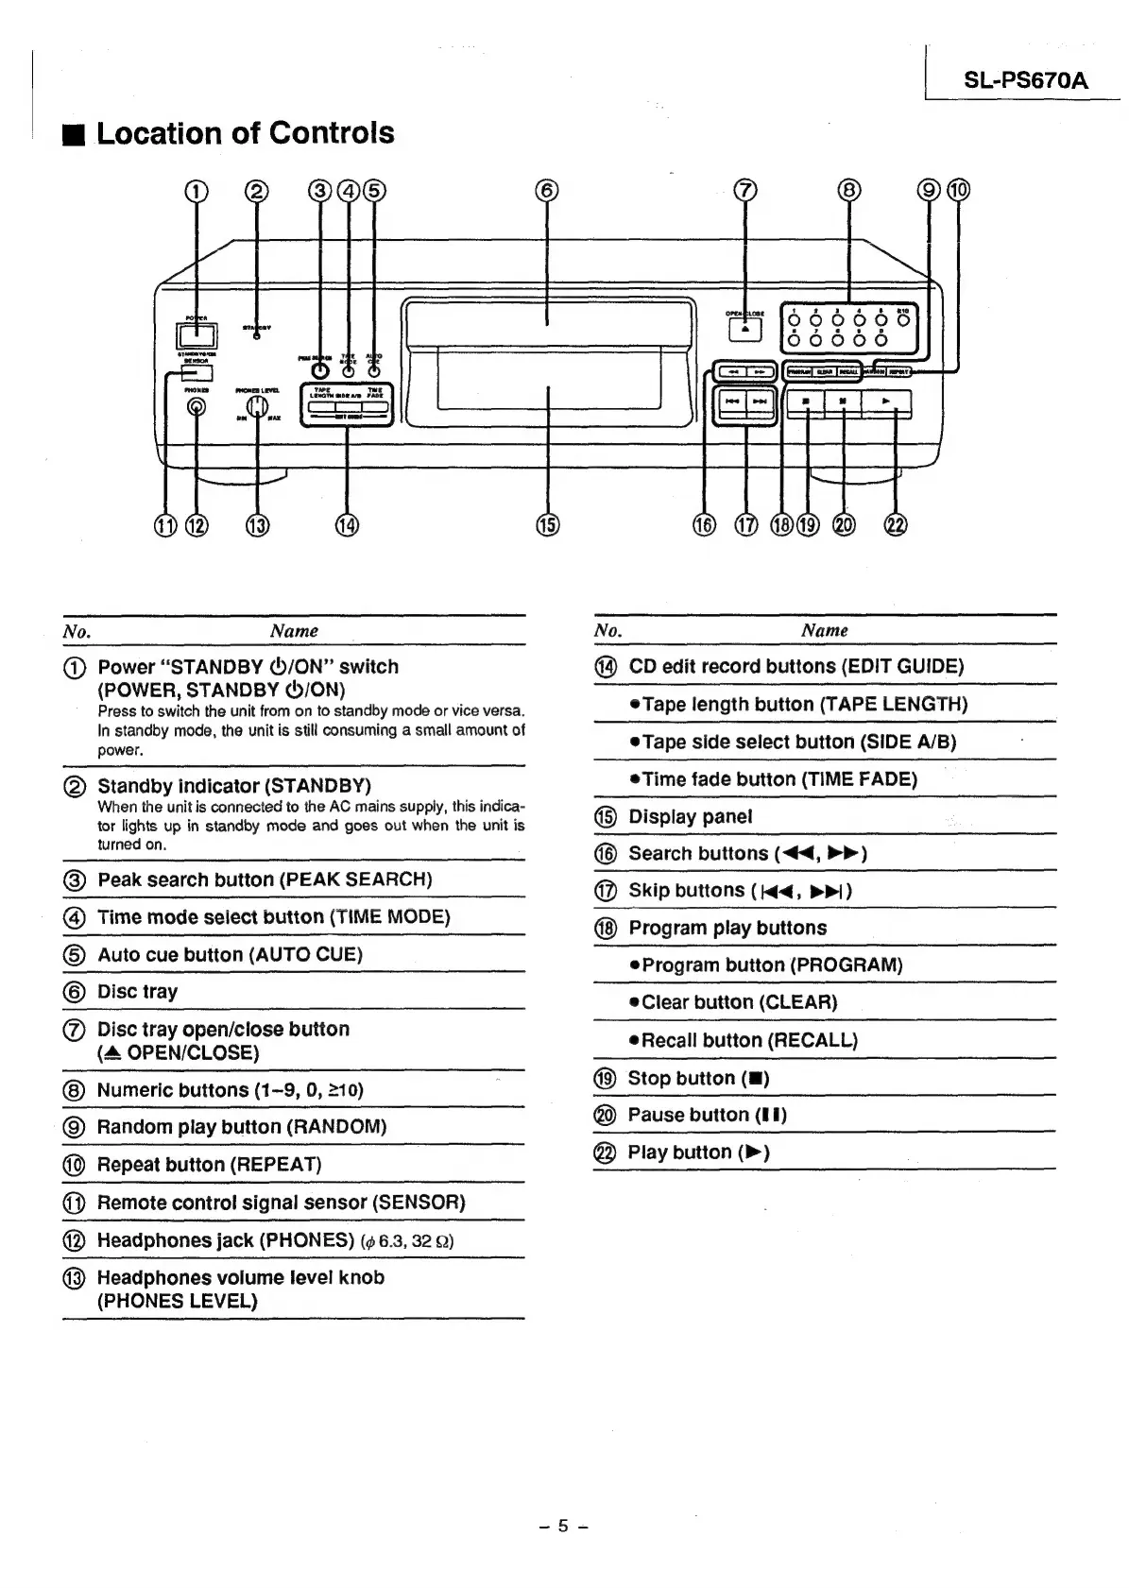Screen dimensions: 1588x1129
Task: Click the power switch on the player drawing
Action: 196,334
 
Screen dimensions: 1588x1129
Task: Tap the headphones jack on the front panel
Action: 197,406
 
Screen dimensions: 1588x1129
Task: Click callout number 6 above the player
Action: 547,191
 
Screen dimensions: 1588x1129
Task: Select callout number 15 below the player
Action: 548,525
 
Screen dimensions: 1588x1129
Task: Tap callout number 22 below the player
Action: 895,525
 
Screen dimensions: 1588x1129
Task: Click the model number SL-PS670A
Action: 1025,80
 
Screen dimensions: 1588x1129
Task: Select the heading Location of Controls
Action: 246,133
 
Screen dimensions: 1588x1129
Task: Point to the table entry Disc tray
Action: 138,992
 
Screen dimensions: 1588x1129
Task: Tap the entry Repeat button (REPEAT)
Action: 210,1165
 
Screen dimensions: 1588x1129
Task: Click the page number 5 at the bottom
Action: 564,1525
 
